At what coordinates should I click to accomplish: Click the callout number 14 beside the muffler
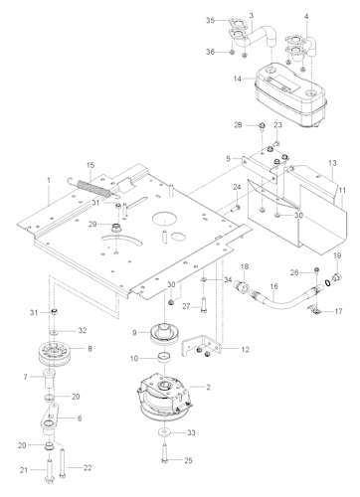coord(238,79)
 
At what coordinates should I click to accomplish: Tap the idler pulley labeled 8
coord(54,354)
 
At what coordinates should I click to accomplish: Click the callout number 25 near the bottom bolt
coord(188,460)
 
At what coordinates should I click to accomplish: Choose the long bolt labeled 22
coord(62,463)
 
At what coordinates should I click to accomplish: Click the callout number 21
coord(24,470)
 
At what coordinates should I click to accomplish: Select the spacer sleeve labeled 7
coord(50,380)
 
